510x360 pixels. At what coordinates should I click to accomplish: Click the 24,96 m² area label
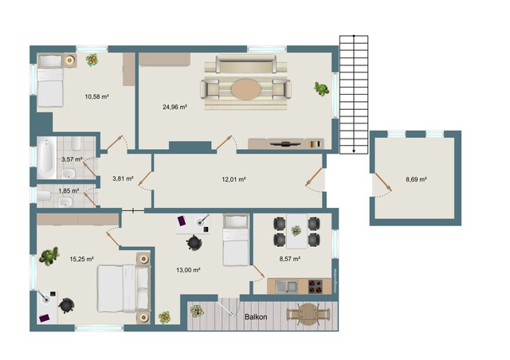(x=175, y=107)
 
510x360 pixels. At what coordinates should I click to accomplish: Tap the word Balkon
(x=256, y=317)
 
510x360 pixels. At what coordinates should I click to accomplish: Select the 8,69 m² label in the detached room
(x=416, y=179)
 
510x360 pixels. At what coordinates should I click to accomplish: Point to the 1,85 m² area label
(x=69, y=191)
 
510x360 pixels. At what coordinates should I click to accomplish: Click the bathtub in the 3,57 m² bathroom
(x=46, y=158)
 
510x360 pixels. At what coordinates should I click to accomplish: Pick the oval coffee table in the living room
(x=246, y=89)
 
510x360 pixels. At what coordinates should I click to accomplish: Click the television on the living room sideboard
(x=286, y=143)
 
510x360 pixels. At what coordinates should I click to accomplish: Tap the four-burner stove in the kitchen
(x=316, y=287)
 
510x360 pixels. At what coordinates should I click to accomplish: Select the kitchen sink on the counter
(x=286, y=287)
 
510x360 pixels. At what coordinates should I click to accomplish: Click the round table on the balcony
(x=308, y=314)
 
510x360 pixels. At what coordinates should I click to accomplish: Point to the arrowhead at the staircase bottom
(x=354, y=151)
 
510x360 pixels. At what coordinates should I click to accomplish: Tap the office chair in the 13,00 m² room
(x=194, y=243)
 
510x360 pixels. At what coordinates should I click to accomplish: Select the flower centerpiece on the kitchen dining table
(x=296, y=231)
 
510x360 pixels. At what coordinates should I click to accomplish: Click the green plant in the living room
(x=321, y=88)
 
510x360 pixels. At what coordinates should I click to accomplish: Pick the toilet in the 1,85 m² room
(x=44, y=196)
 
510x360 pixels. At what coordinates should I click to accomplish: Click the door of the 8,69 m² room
(x=382, y=182)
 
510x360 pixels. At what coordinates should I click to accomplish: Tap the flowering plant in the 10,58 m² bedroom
(x=92, y=60)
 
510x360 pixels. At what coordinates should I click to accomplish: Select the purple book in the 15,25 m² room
(x=44, y=318)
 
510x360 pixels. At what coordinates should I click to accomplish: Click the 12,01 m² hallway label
(x=233, y=179)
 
